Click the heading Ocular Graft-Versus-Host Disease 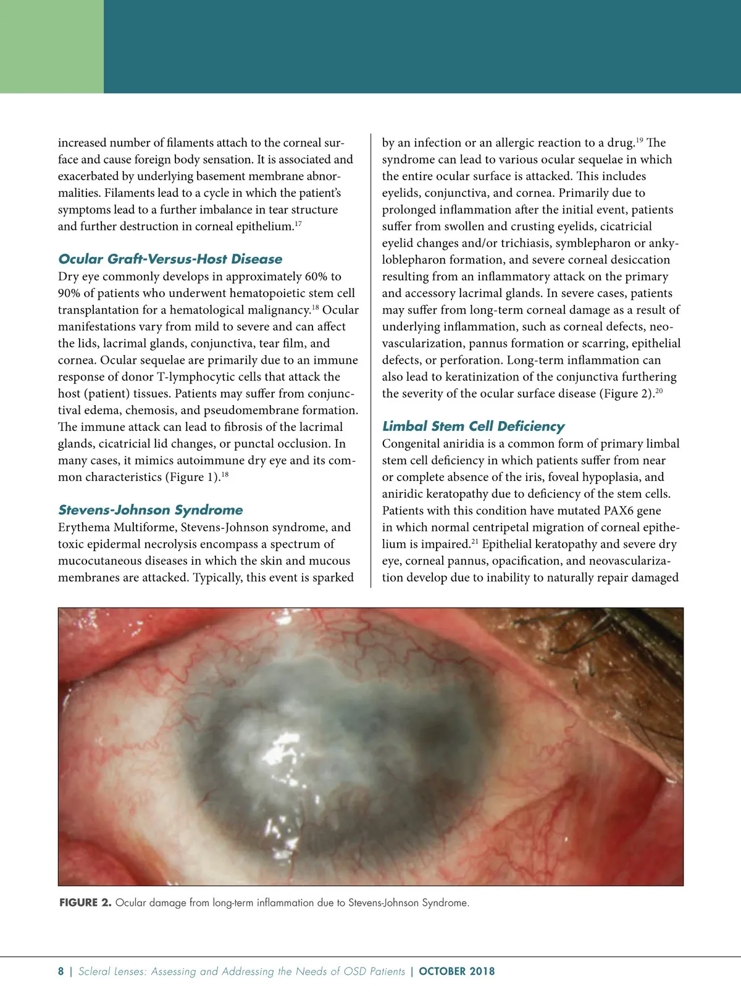170,259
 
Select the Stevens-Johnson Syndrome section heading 150,509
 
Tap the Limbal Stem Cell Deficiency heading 473,426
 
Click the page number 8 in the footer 61,971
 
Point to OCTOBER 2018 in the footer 456,971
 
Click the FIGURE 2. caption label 85,903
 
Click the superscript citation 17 298,224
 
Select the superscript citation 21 475,541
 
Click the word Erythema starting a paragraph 85,527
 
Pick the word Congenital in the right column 412,444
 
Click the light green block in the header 52,46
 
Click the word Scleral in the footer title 94,971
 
